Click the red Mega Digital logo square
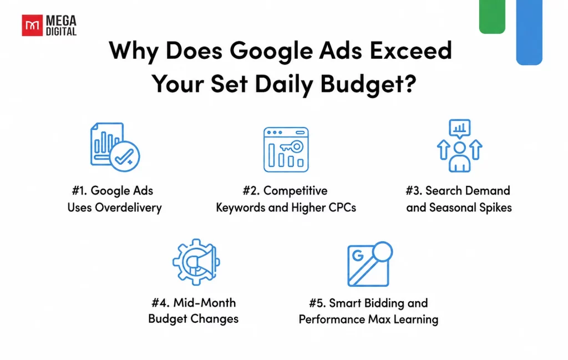[x=32, y=26]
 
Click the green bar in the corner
[x=492, y=17]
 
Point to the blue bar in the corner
[x=529, y=32]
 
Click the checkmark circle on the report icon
[x=125, y=156]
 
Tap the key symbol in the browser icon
[x=292, y=146]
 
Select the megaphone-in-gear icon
[x=196, y=261]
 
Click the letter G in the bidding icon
[x=358, y=256]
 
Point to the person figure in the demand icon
[x=459, y=156]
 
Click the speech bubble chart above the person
[x=459, y=129]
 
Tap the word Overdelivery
[x=128, y=208]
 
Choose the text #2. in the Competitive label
[x=251, y=190]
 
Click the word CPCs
[x=342, y=207]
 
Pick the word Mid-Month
[x=205, y=302]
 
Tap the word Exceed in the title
[x=411, y=50]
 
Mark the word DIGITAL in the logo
[x=61, y=32]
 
